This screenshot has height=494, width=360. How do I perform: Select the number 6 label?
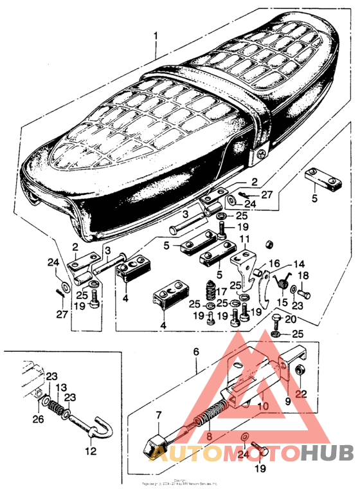point(196,352)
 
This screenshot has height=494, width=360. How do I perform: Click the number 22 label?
point(301,394)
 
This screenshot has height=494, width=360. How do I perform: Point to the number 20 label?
point(290,319)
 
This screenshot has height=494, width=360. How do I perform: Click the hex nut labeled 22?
point(301,372)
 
